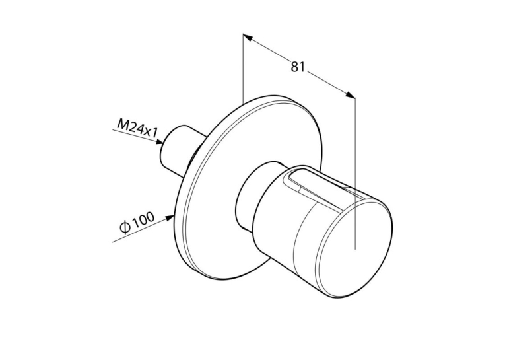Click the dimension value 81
pyautogui.click(x=298, y=67)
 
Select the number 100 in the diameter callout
pyautogui.click(x=143, y=221)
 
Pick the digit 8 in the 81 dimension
pyautogui.click(x=294, y=67)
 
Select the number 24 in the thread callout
pyautogui.click(x=137, y=128)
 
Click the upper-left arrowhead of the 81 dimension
pyautogui.click(x=248, y=38)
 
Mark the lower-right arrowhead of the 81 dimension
pyautogui.click(x=351, y=94)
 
